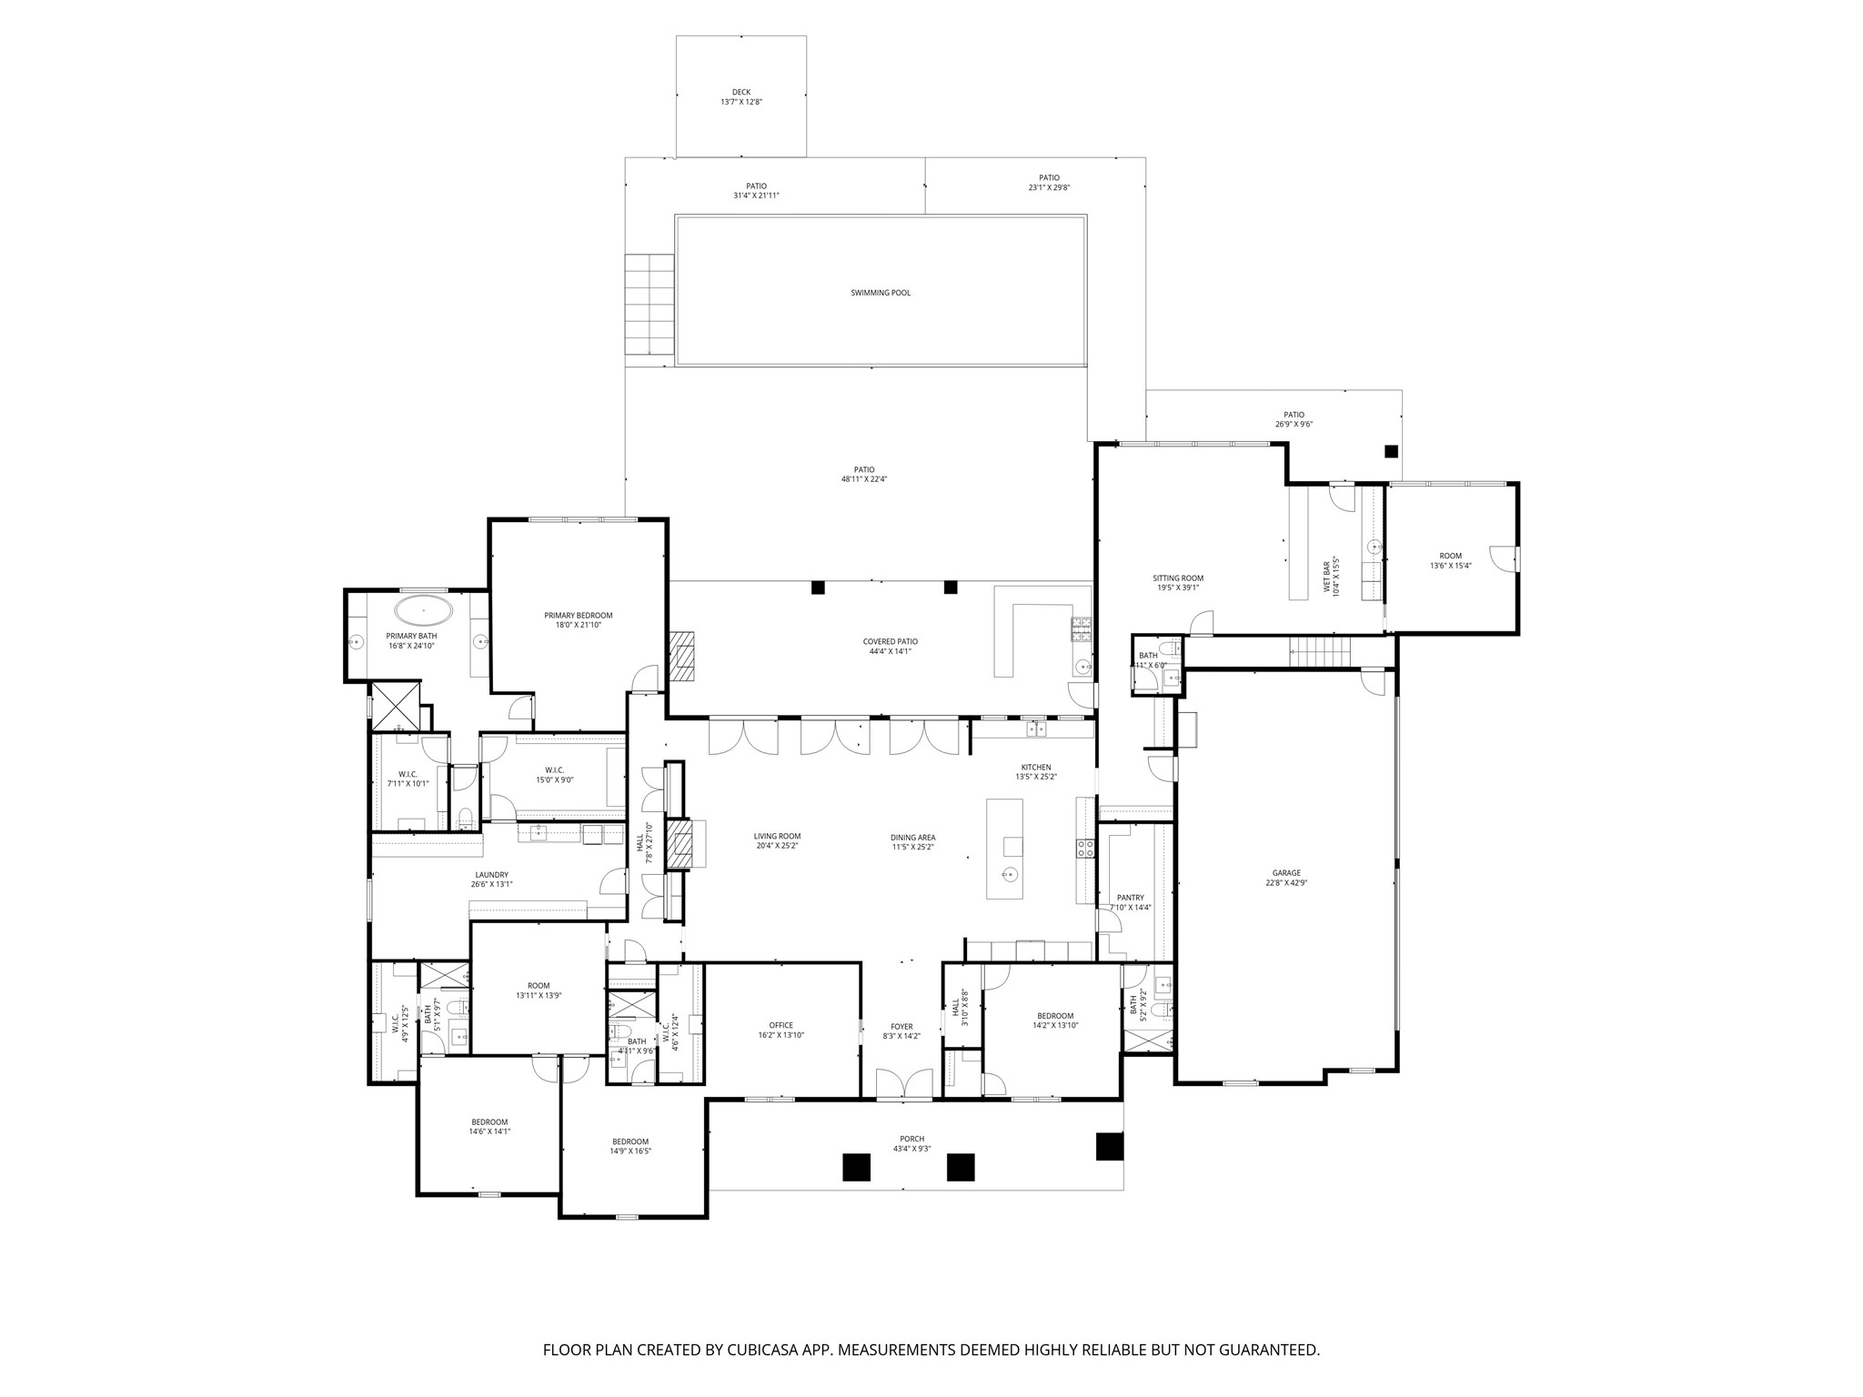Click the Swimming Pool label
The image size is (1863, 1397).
880,293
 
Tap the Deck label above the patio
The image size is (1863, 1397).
740,92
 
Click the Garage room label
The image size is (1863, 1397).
1286,873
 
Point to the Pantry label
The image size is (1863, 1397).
1130,898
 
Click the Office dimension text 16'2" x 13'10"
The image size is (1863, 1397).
780,1035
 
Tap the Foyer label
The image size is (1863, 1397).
901,1026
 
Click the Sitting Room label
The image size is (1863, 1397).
1178,578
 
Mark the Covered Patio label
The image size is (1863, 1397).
890,641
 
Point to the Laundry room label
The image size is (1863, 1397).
491,875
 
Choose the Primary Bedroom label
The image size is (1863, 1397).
579,616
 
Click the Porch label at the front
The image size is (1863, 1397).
911,1139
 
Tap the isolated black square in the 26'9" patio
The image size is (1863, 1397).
1391,451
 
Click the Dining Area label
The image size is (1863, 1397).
912,838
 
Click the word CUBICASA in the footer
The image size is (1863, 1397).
758,1350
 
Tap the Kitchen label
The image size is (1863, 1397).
1035,768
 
